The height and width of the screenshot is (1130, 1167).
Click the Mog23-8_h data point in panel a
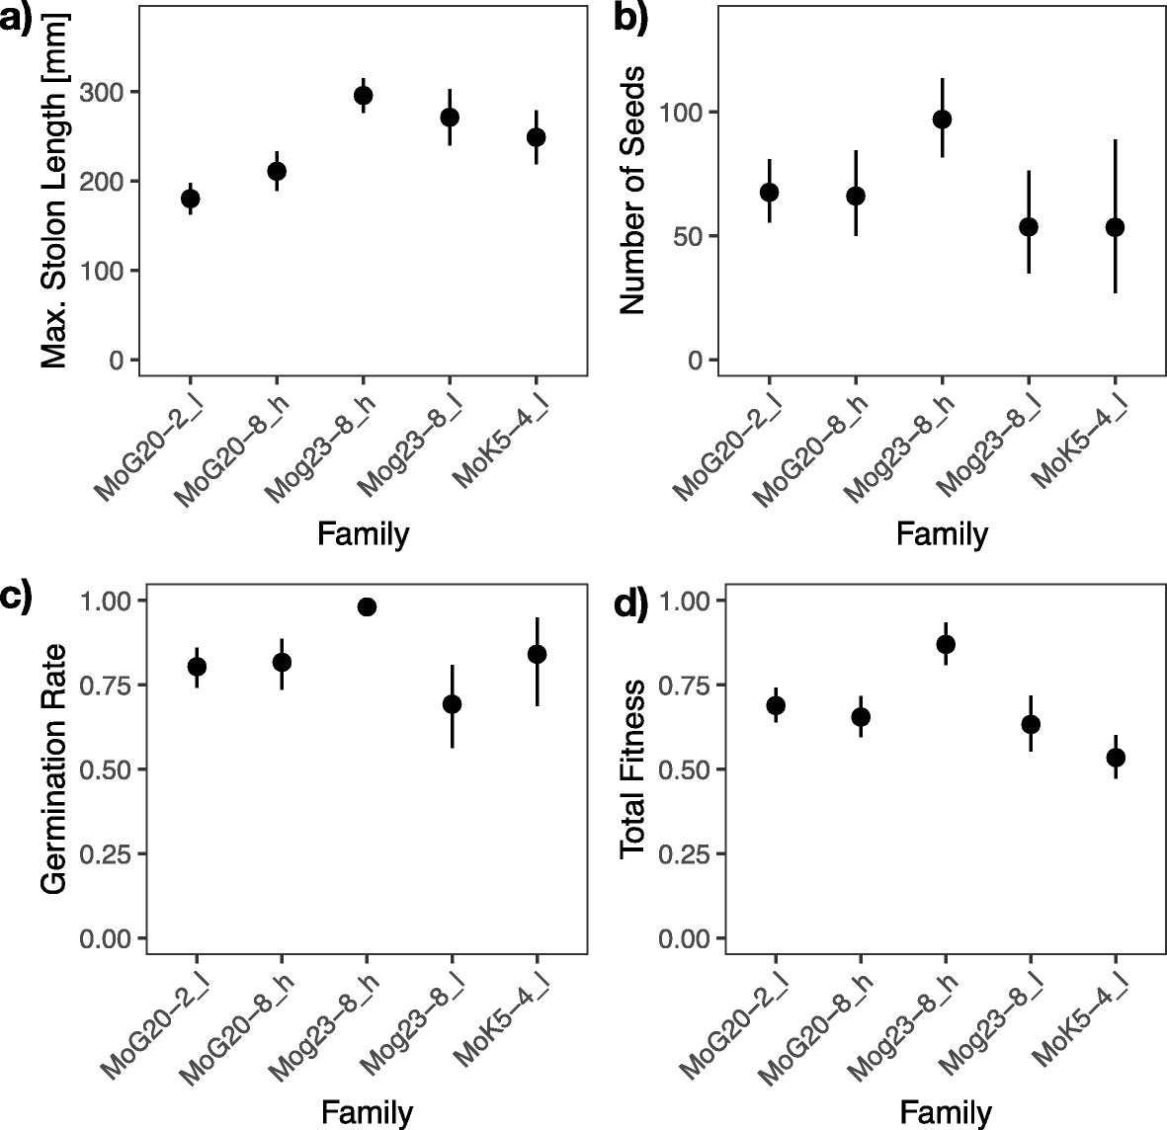pos(363,96)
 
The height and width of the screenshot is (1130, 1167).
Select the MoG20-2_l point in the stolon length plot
pos(191,199)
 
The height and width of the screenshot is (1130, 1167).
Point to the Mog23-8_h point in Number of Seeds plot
pos(942,120)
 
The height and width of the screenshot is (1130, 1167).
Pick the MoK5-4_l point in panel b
pos(1115,227)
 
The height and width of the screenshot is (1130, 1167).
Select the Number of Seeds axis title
pos(632,191)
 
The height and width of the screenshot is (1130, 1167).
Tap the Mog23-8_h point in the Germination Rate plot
pos(367,606)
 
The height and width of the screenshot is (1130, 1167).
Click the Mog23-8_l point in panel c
pos(452,704)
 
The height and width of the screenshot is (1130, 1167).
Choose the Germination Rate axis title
pos(54,768)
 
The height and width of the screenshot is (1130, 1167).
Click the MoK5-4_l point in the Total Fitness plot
pos(1116,758)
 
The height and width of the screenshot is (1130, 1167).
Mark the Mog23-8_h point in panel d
pos(946,645)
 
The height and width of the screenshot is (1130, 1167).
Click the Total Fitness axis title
pos(632,768)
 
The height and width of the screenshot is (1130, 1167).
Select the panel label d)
pos(630,604)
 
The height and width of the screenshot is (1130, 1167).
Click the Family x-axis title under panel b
pos(941,534)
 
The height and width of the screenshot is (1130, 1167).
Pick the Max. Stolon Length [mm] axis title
pos(54,191)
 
